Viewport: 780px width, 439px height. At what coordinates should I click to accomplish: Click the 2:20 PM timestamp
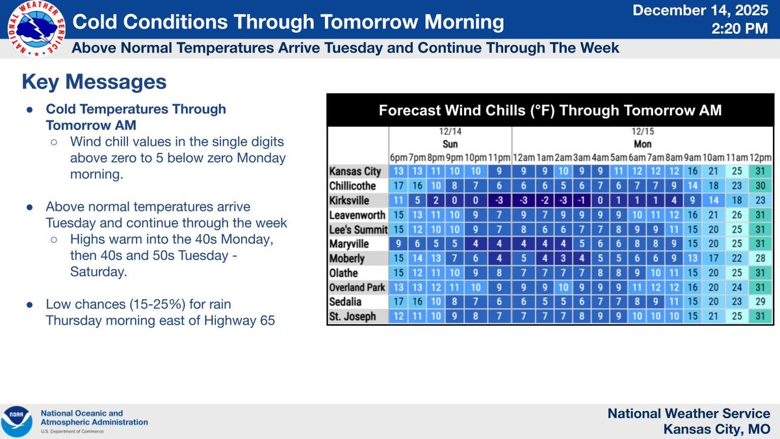coord(742,30)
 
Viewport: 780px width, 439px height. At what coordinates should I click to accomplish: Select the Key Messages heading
coord(94,82)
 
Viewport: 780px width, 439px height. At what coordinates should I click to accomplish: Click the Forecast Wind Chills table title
coord(550,110)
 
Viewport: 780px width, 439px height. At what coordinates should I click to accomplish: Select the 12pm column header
coord(760,157)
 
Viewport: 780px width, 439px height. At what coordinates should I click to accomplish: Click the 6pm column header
coord(398,157)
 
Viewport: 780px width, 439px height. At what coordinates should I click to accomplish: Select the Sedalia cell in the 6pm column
coord(398,301)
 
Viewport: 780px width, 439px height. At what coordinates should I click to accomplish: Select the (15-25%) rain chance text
coord(141,304)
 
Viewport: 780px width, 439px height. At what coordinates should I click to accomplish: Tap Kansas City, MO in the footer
coord(717,428)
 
